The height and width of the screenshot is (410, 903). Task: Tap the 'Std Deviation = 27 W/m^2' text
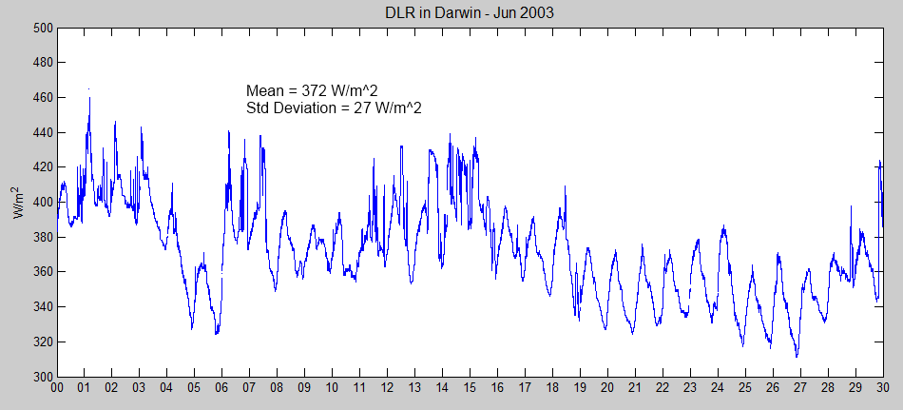334,108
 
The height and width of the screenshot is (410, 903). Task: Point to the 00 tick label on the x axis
57,389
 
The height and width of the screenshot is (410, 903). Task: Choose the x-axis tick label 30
883,389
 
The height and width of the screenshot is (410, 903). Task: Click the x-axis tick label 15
471,389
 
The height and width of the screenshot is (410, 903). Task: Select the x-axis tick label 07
250,389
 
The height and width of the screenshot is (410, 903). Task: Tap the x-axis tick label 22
663,389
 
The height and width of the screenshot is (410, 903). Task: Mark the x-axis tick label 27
800,389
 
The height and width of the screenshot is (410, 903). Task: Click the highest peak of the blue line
89,89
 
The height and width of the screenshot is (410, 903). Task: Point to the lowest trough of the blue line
797,357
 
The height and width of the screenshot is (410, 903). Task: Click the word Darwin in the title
452,12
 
